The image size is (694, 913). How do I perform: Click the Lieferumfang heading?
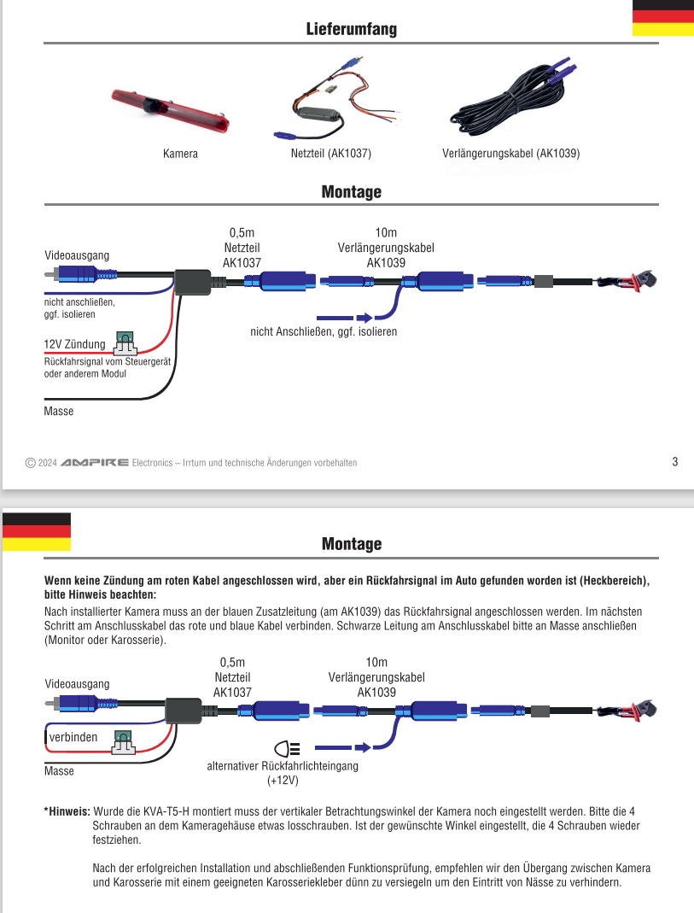point(351,30)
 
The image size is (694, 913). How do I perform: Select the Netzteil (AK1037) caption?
point(330,154)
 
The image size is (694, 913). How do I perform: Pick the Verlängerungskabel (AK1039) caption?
point(511,154)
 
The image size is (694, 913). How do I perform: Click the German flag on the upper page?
point(662,18)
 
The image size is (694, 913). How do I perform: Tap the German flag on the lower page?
point(36,531)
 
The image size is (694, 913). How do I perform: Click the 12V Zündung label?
point(74,344)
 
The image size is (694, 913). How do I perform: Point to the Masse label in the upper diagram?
point(59,411)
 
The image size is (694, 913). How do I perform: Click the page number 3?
point(674,462)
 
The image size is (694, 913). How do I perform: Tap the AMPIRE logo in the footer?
point(95,462)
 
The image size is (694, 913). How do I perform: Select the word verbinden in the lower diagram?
point(73,736)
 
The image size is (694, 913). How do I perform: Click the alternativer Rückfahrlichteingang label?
point(283,766)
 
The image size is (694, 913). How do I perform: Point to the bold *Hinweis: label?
point(67,811)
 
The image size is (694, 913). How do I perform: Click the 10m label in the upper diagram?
point(386,232)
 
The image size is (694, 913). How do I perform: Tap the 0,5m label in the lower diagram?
point(232,662)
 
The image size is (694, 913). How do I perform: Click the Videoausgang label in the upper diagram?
point(77,255)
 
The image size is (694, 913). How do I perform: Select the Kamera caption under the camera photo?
point(180,154)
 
